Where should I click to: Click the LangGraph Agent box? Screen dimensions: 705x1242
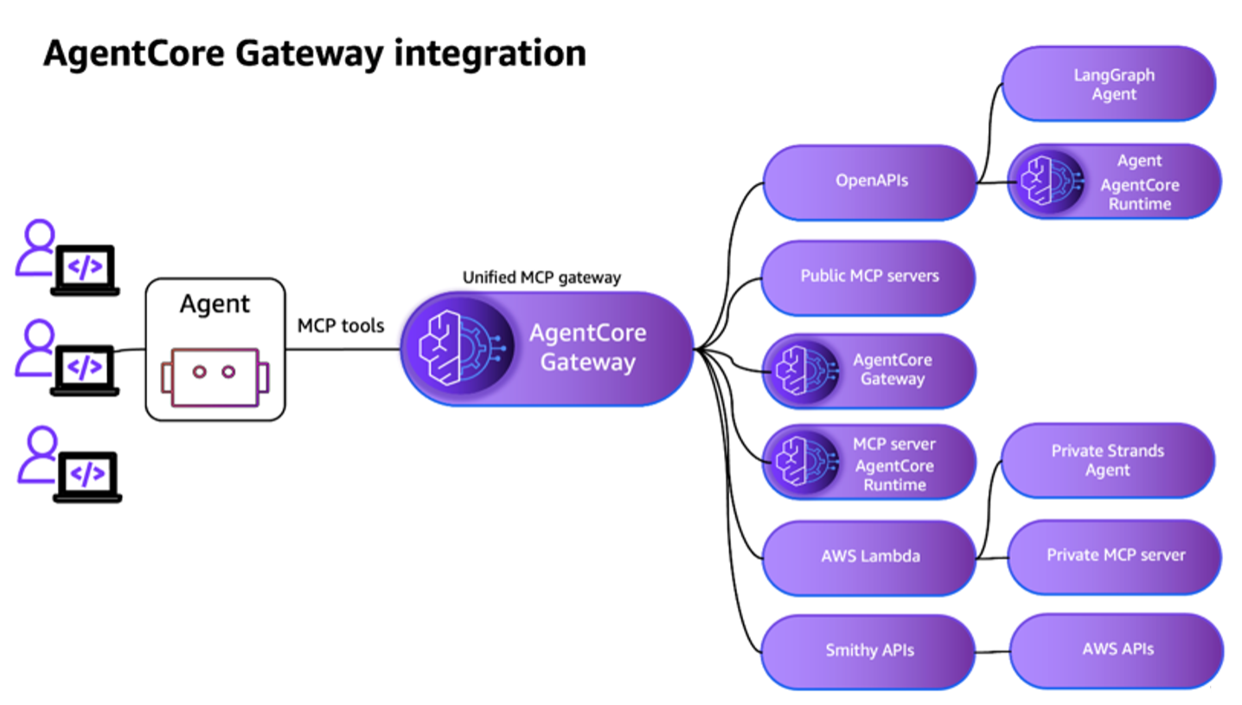(x=1110, y=84)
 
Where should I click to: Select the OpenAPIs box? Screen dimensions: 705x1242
(x=870, y=182)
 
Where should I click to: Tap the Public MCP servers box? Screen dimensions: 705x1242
(x=868, y=277)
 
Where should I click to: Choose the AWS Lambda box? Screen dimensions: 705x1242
(x=869, y=556)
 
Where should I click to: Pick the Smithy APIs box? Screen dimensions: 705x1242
(x=869, y=651)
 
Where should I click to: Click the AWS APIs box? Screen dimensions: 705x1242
(x=1117, y=649)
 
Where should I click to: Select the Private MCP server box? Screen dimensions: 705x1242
(x=1115, y=555)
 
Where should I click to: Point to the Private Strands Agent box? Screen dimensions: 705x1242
(x=1107, y=460)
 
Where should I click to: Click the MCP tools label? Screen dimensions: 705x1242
(x=341, y=325)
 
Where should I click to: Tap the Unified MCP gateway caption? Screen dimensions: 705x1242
(x=541, y=278)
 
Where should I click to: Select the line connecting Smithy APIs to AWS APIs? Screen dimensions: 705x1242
(x=994, y=651)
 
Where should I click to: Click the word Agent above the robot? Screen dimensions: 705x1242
(x=214, y=304)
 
